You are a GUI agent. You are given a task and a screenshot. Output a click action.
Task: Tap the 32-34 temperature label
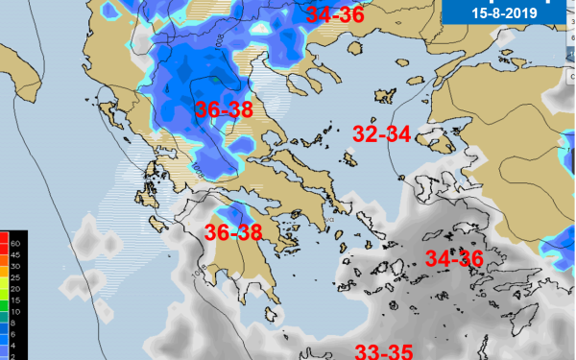point(382,133)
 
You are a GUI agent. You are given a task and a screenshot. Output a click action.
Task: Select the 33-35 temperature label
point(383,350)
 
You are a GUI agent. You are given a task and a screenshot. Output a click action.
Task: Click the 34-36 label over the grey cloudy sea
point(454,258)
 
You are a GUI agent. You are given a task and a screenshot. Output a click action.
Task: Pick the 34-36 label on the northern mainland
point(335,13)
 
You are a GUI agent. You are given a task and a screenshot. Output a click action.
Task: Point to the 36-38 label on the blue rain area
point(224,109)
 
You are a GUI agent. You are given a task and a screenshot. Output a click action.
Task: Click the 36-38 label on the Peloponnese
point(234,232)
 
